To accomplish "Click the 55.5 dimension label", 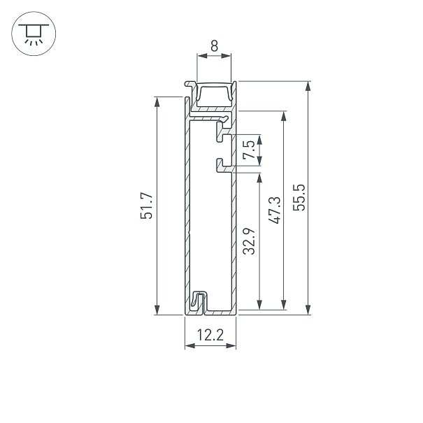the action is click(x=299, y=197).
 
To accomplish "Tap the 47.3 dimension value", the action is click(x=275, y=210).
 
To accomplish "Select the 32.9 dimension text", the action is click(x=249, y=241).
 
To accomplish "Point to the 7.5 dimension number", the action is click(x=249, y=150).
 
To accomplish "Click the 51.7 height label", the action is click(x=147, y=206).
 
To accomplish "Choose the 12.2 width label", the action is click(x=210, y=336).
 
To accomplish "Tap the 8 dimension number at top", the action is click(x=214, y=46).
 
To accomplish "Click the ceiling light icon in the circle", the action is click(x=34, y=34).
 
